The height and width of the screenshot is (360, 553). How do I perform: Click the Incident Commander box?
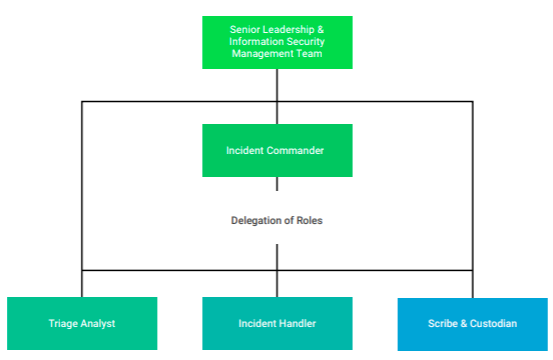click(x=277, y=150)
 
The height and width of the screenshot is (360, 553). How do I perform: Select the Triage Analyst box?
click(x=82, y=323)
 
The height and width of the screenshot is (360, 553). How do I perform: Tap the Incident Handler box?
click(x=277, y=323)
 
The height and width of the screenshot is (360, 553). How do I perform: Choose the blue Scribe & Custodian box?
click(x=473, y=323)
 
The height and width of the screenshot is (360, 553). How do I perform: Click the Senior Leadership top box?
click(x=277, y=42)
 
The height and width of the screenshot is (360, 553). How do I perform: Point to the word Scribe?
click(x=443, y=324)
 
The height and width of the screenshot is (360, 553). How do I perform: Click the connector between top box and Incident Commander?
click(x=277, y=96)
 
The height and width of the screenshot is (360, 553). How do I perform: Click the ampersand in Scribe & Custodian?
click(x=463, y=324)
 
